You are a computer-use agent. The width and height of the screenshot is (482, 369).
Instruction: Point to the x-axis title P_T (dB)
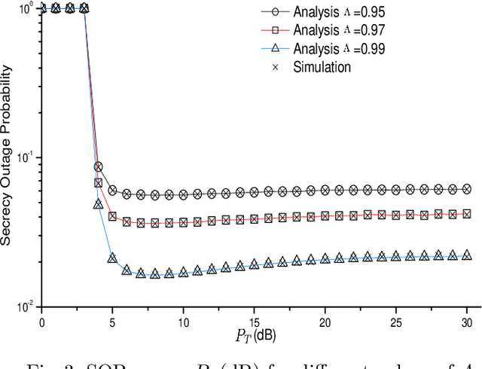click(x=249, y=332)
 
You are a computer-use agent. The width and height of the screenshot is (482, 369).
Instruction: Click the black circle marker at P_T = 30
click(x=466, y=189)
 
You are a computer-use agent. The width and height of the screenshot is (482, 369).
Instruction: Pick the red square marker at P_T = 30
click(x=466, y=214)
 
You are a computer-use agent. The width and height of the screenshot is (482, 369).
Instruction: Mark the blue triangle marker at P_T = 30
click(x=466, y=255)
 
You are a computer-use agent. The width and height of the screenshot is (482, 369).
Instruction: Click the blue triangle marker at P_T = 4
click(x=98, y=204)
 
